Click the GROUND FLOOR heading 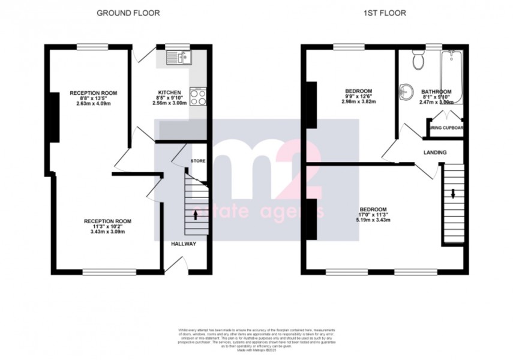click(128, 13)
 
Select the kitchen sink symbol click(179, 58)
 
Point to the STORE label click(198, 161)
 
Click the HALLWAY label click(184, 244)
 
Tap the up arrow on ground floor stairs click(196, 213)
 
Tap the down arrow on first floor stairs click(454, 193)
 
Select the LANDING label click(435, 152)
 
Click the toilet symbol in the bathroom click(419, 60)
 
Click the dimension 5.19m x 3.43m click(375, 220)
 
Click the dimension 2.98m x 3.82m click(358, 102)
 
